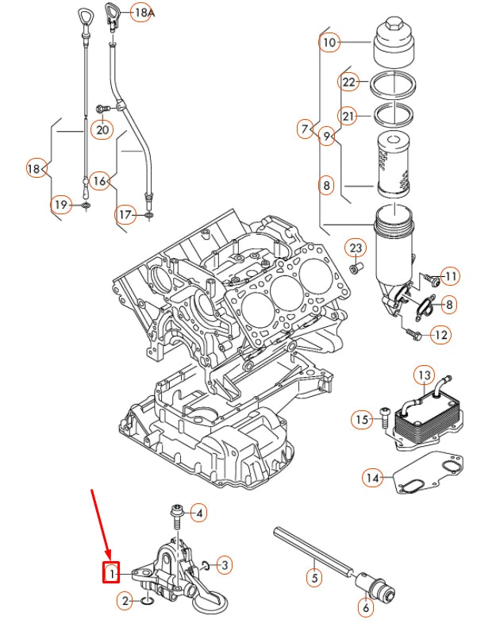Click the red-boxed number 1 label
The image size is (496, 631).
(113, 571)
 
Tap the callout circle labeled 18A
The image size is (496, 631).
(141, 13)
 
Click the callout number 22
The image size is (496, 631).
(350, 82)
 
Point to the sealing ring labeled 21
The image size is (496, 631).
(392, 114)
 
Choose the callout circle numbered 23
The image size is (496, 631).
(356, 250)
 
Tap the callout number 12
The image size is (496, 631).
(441, 335)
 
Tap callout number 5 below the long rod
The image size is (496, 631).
(314, 578)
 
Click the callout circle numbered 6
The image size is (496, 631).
(365, 609)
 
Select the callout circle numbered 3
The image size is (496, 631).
(225, 565)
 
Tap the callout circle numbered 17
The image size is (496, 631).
(125, 214)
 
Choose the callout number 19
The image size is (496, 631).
(61, 206)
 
